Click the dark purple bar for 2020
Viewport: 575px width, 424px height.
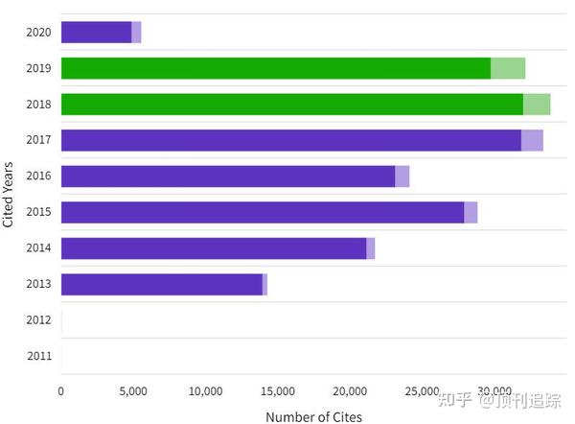point(96,32)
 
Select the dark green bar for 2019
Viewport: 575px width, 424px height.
point(275,68)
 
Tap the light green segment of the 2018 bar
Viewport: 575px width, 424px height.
point(537,104)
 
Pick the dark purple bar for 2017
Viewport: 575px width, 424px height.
point(290,140)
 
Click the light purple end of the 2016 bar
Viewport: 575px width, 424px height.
point(402,177)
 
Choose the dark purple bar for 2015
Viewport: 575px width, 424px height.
point(262,212)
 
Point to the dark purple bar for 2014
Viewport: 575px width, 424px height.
point(213,248)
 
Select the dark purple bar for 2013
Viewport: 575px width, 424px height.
point(161,284)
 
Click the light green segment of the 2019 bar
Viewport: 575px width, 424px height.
point(508,68)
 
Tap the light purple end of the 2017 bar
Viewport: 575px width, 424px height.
point(532,140)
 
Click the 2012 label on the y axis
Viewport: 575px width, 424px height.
point(38,320)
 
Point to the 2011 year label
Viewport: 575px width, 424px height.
point(38,356)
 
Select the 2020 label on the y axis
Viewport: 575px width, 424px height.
point(38,32)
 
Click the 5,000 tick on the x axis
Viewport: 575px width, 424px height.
point(133,391)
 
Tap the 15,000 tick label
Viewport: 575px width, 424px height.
point(278,391)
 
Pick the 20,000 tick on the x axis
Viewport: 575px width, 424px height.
point(350,391)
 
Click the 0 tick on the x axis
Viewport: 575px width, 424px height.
point(61,391)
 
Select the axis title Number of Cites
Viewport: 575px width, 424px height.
point(313,415)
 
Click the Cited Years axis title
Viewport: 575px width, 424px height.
point(9,194)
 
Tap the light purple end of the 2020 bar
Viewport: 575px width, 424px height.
point(136,32)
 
